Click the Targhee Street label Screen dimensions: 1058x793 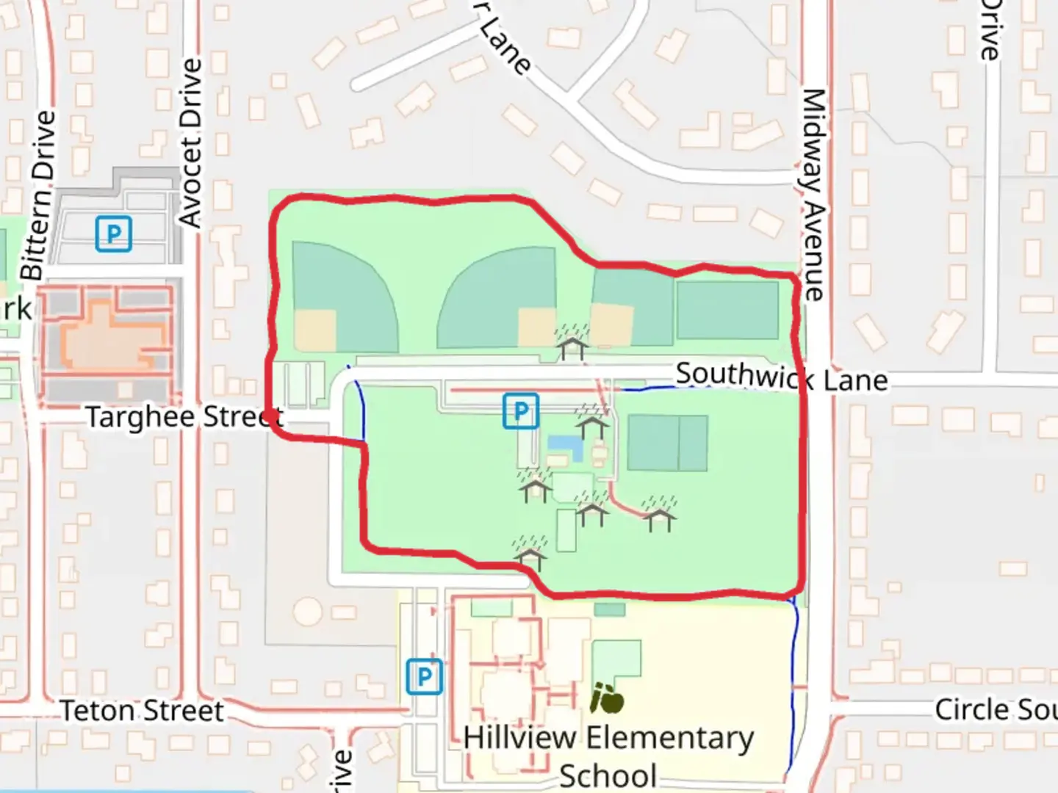coord(184,417)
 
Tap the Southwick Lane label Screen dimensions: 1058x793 coord(781,377)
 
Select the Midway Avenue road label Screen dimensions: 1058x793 coord(813,195)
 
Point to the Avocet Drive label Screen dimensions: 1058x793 coord(191,143)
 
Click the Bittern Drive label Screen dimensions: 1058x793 coord(38,195)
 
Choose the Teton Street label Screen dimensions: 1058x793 coord(141,711)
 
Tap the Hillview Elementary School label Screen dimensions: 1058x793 coord(608,755)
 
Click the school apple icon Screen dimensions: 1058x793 coord(607,698)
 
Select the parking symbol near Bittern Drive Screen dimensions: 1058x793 coord(114,234)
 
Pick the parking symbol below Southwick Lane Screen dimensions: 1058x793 coord(521,411)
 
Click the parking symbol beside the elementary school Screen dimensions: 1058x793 coord(424,676)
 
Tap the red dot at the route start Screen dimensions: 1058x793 coord(271,417)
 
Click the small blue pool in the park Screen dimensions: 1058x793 coord(564,444)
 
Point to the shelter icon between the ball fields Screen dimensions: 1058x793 coord(572,342)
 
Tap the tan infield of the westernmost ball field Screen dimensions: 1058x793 coord(315,329)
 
